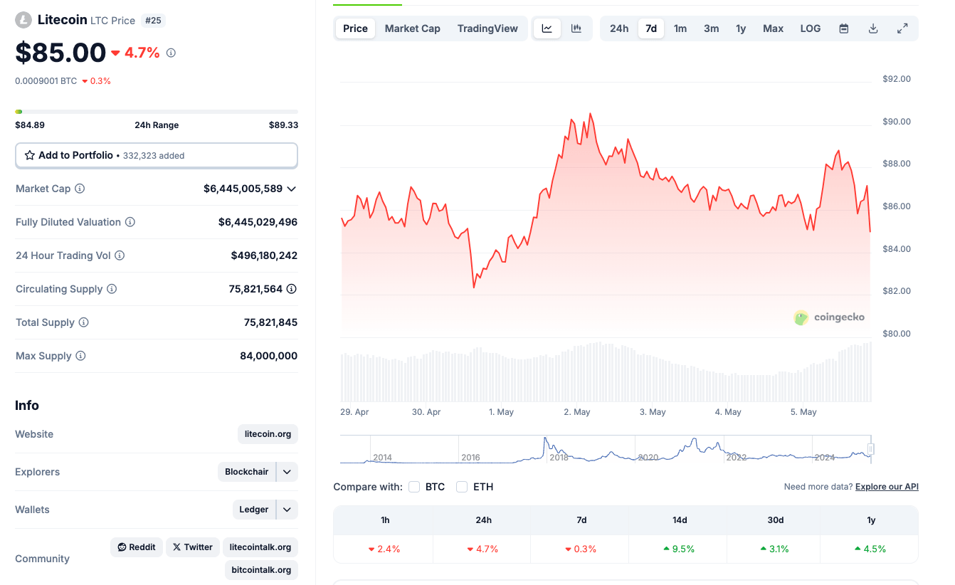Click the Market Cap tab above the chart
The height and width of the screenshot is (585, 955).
[x=412, y=28]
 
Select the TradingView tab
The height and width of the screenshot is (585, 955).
[x=487, y=28]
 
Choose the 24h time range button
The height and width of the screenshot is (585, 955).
[x=618, y=28]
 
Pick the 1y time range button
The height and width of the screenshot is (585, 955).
[x=741, y=28]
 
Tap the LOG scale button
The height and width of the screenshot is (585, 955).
[x=810, y=28]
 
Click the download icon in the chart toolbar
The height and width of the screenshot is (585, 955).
[x=873, y=28]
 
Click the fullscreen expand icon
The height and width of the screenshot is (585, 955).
[x=902, y=28]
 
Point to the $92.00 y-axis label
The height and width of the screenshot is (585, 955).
[x=896, y=79]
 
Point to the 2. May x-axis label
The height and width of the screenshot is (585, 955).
[x=576, y=412]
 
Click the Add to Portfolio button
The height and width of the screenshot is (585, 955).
[x=156, y=155]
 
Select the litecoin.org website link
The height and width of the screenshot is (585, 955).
[x=268, y=434]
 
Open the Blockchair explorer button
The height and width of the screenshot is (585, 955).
[x=247, y=472]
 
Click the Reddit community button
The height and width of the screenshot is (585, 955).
[x=137, y=547]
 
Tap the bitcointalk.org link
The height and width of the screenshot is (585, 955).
[x=261, y=570]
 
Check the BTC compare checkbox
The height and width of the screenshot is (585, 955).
[x=414, y=487]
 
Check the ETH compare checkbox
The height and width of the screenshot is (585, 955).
[x=462, y=487]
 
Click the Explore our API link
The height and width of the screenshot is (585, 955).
[x=886, y=487]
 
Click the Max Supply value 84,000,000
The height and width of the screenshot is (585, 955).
[x=268, y=356]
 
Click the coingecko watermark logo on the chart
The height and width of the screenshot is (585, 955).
[x=829, y=317]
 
